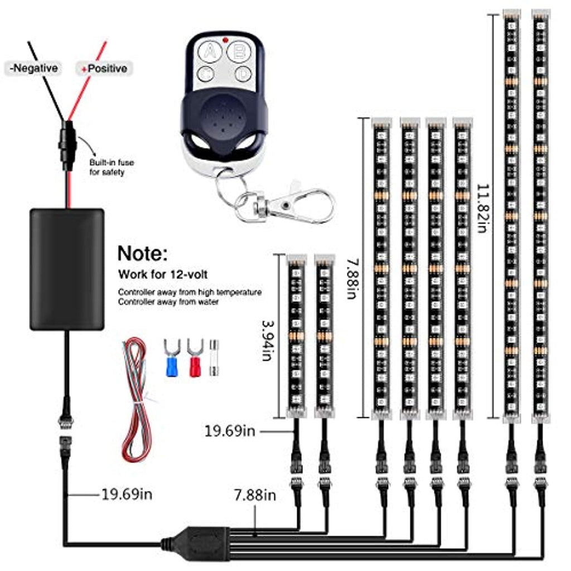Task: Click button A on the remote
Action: tap(210, 52)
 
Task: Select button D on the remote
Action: tap(243, 74)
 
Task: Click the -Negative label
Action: tap(33, 68)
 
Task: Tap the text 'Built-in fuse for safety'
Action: tap(112, 167)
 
